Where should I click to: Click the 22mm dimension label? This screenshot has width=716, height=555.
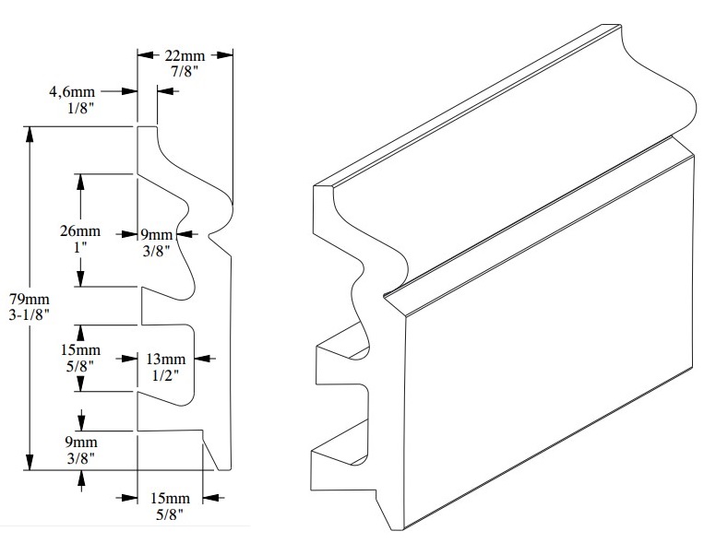(185, 55)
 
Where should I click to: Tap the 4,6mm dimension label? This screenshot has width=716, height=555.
(71, 92)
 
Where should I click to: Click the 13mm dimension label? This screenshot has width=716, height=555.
(166, 359)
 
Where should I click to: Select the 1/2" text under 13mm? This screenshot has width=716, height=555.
(166, 375)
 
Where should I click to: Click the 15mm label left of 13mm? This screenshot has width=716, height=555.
(81, 350)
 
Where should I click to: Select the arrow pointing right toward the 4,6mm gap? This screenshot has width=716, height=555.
(130, 91)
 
